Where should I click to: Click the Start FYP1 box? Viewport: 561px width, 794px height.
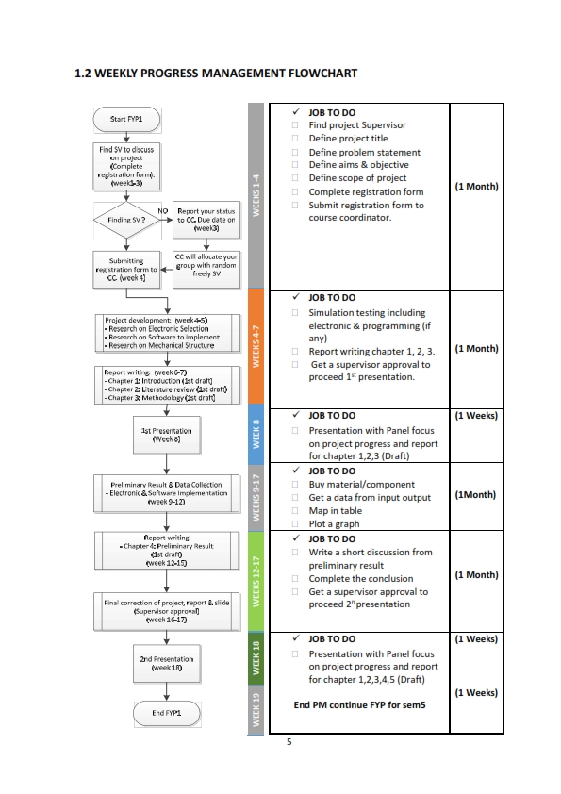click(132, 119)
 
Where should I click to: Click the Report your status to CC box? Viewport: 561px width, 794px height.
click(206, 220)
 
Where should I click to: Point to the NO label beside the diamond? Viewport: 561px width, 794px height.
click(162, 210)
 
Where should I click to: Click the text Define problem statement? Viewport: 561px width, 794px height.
click(364, 152)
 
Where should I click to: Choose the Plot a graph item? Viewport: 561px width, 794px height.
click(336, 524)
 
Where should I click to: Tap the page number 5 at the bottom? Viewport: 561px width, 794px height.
click(289, 742)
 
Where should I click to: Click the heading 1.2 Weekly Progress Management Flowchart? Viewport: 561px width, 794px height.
click(215, 73)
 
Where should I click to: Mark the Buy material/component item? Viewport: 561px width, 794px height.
click(356, 485)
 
